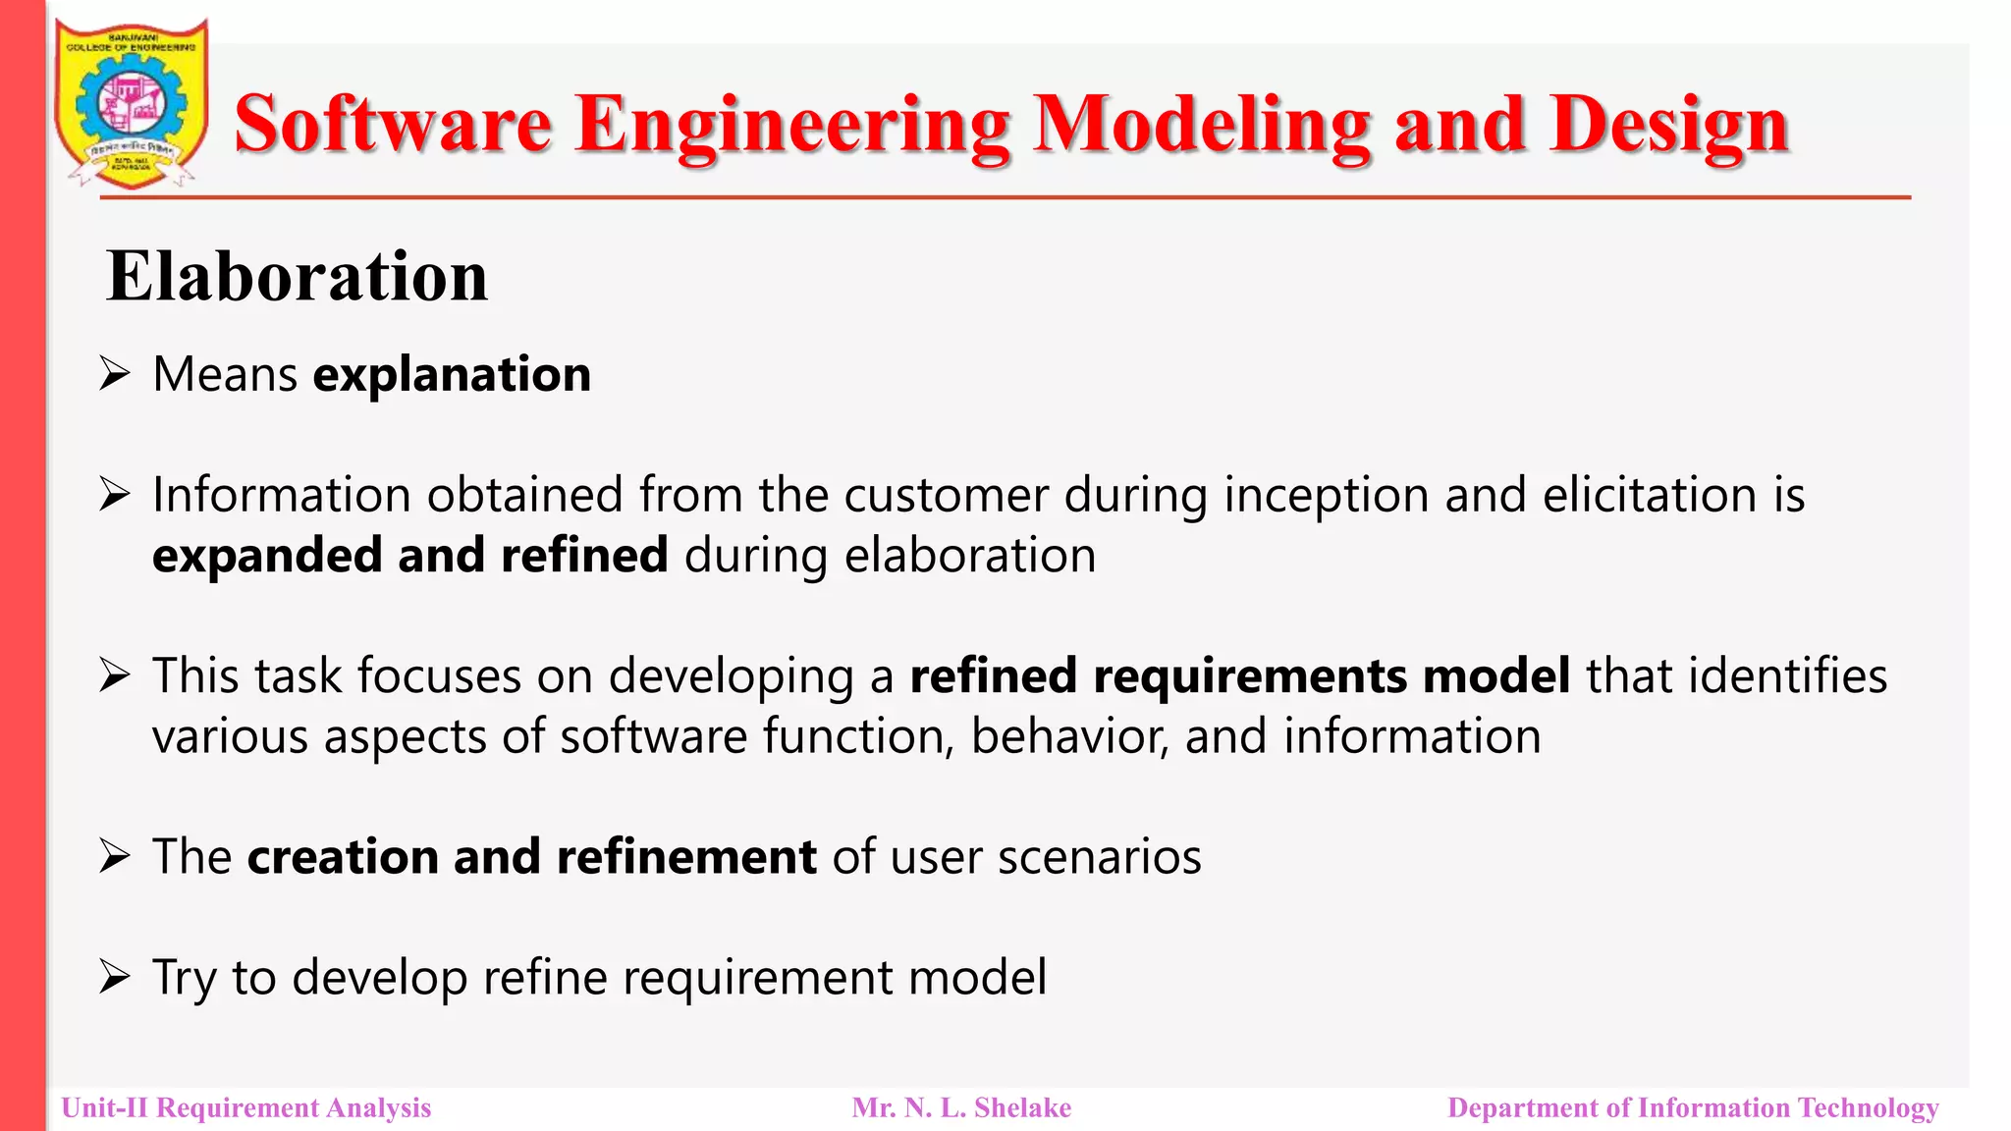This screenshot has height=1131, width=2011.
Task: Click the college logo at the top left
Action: click(x=131, y=103)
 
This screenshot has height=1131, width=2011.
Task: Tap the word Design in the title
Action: click(x=1669, y=126)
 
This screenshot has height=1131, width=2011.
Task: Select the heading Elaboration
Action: click(x=297, y=276)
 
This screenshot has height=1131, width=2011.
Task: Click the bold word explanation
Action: click(x=452, y=375)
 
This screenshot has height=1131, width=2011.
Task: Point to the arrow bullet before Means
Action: click(x=115, y=374)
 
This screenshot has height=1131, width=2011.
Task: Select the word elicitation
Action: click(x=1650, y=495)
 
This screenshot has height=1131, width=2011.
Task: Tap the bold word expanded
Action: click(x=266, y=556)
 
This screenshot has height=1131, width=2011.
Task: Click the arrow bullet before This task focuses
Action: click(x=115, y=675)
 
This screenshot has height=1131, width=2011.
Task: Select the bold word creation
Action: click(x=342, y=857)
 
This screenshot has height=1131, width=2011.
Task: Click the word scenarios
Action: click(x=1100, y=857)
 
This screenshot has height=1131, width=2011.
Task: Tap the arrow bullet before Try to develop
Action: click(x=115, y=977)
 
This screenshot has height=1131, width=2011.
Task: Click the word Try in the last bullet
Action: click(x=184, y=979)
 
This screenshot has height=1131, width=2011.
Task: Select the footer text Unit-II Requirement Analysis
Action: click(x=246, y=1108)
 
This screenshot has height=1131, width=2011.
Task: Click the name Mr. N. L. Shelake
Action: click(x=961, y=1108)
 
